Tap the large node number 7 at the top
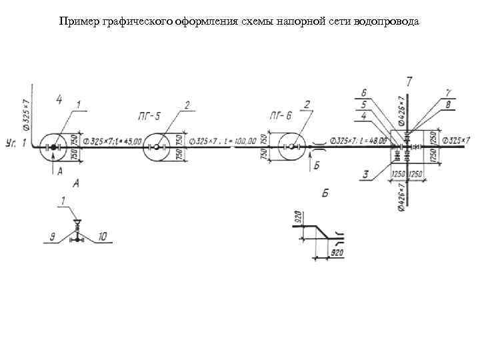pyautogui.click(x=409, y=81)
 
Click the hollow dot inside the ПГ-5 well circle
pyautogui.click(x=157, y=147)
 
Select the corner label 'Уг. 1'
pyautogui.click(x=15, y=143)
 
